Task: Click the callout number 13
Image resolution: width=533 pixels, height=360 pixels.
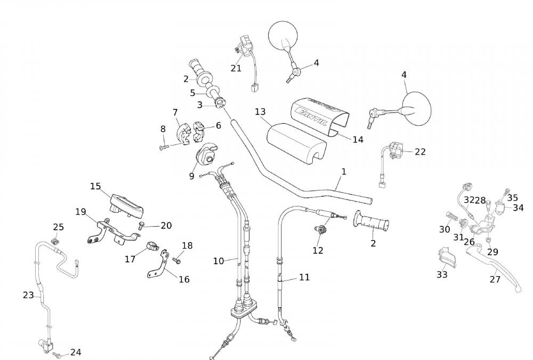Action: point(260,112)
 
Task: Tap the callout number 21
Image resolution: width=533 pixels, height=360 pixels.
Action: point(236,68)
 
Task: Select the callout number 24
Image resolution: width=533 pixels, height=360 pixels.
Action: point(76,352)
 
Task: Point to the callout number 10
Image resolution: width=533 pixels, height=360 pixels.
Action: point(219,261)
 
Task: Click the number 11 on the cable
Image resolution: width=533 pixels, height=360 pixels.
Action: point(304,277)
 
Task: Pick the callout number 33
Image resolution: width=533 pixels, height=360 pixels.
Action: point(442,275)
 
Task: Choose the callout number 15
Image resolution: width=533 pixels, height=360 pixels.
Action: point(95,187)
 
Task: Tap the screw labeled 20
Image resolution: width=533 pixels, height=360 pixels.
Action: point(141,226)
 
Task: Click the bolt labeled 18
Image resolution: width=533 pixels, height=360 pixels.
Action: point(176,260)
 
